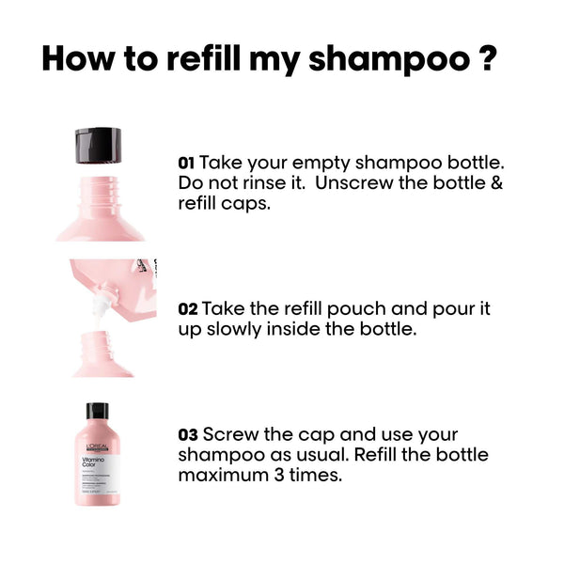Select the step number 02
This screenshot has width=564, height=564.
187,309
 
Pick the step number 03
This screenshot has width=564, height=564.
188,435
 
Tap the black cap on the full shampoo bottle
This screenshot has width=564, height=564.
98,412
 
